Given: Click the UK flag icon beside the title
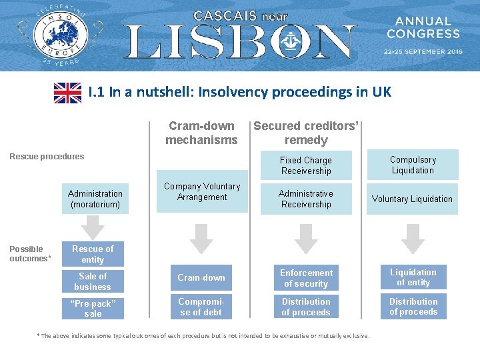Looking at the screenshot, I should [67, 93].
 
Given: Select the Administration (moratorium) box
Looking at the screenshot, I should [95, 199].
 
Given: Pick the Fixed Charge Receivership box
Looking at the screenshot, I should [306, 165].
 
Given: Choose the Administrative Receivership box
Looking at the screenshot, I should [306, 199].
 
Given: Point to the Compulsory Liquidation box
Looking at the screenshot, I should [413, 165].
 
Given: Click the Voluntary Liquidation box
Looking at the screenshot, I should [412, 199].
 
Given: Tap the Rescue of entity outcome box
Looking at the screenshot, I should [93, 254].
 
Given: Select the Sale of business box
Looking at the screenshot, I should [93, 281].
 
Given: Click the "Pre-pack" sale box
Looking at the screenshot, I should [93, 308].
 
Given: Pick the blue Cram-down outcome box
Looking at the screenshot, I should [201, 277].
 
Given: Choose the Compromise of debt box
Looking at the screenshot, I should [201, 307].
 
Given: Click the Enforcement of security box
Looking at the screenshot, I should [306, 278].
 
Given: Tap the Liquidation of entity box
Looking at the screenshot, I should [413, 277].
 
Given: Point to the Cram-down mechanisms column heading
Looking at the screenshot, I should [201, 133].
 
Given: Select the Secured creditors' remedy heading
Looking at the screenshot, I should [306, 133].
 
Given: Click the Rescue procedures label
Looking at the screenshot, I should [47, 157].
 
